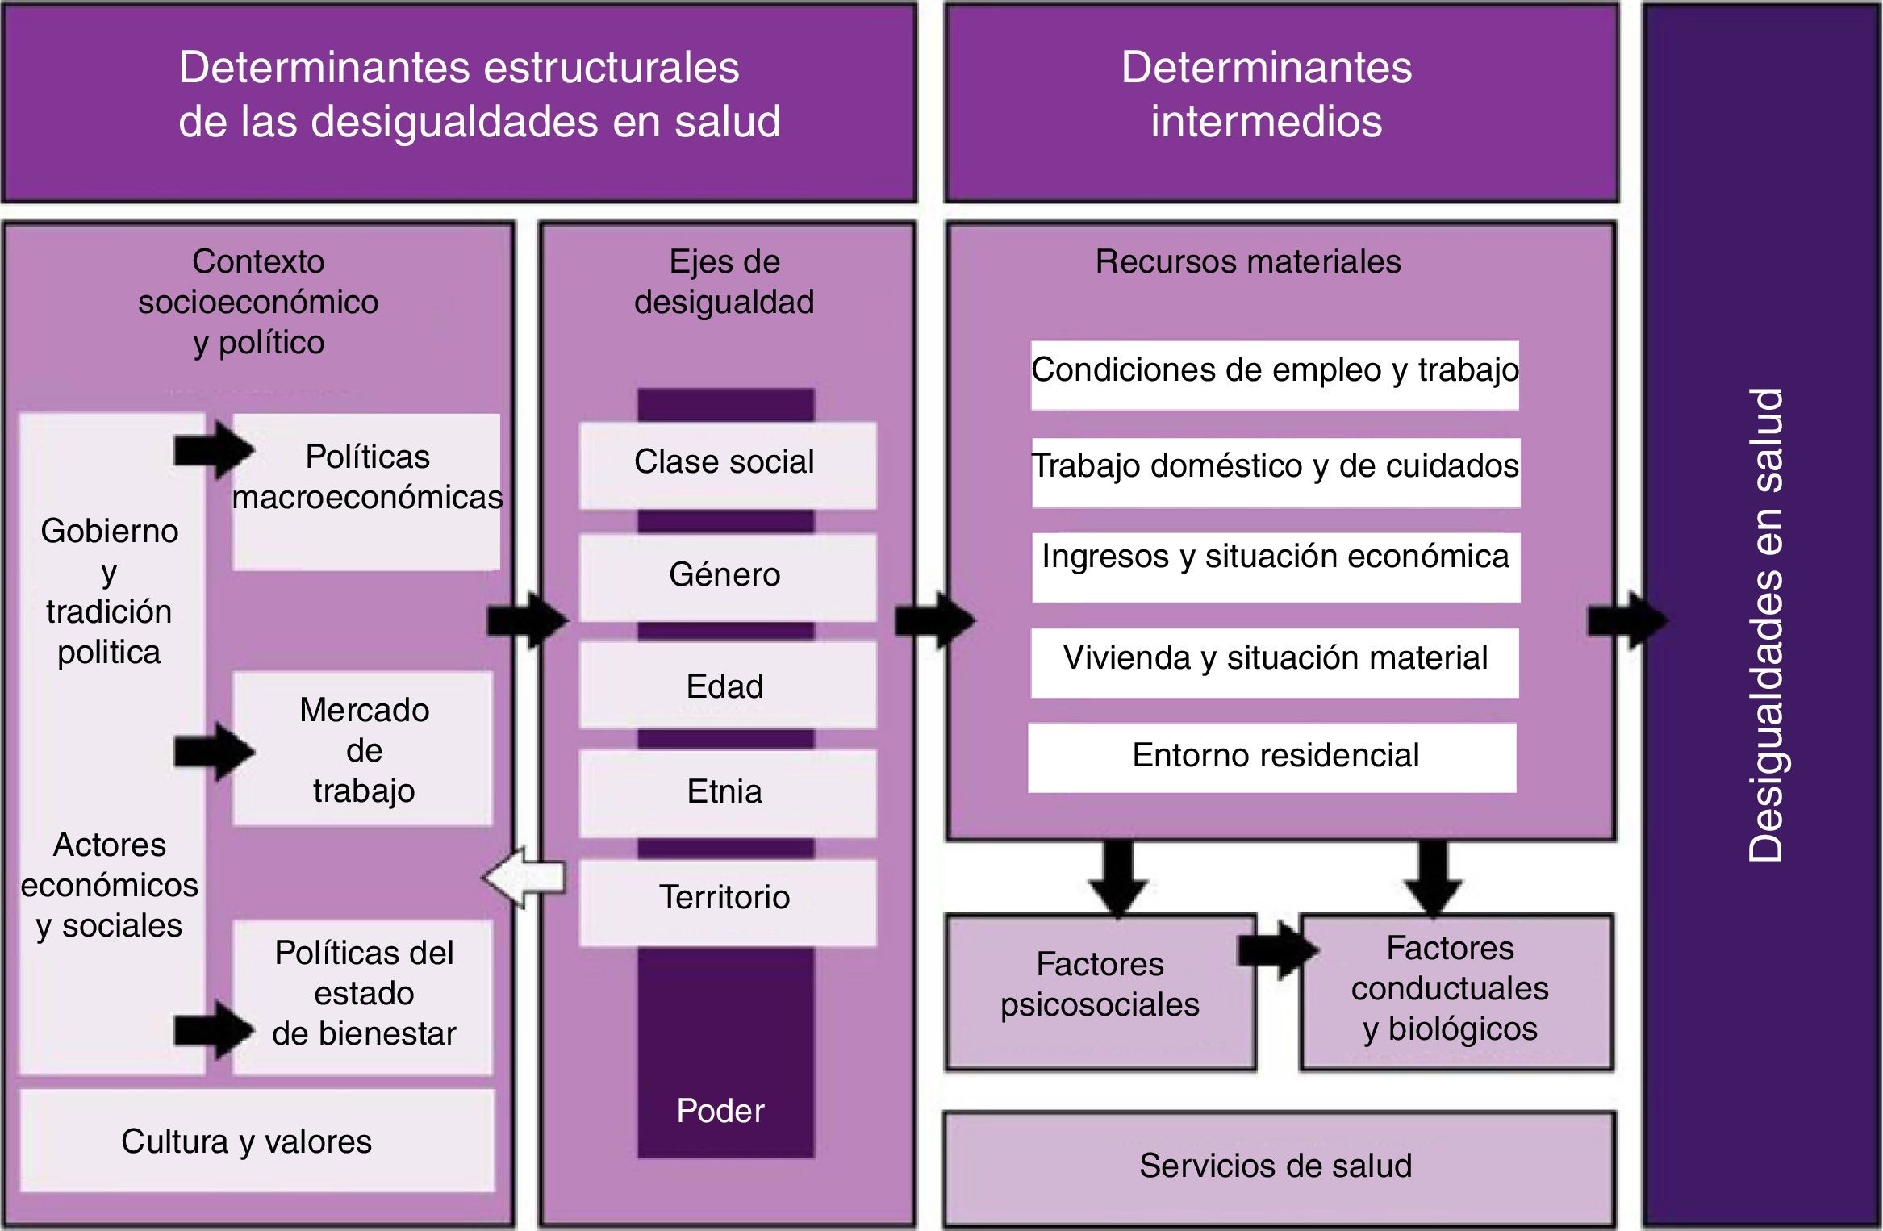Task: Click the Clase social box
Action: point(727,465)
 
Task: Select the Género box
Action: point(727,577)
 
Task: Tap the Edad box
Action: point(727,686)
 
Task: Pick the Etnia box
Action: point(727,792)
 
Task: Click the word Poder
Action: point(720,1111)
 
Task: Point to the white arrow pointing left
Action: point(524,877)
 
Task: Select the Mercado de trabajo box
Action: point(363,749)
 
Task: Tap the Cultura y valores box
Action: point(257,1141)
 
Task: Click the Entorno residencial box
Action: point(1272,757)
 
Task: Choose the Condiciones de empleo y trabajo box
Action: point(1275,373)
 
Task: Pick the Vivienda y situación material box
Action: point(1275,661)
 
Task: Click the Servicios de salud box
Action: point(1279,1167)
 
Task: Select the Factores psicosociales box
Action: point(1100,991)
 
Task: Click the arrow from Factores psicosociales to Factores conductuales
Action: point(1277,950)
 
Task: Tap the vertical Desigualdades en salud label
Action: point(1764,625)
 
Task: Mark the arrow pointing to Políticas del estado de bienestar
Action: point(213,1029)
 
